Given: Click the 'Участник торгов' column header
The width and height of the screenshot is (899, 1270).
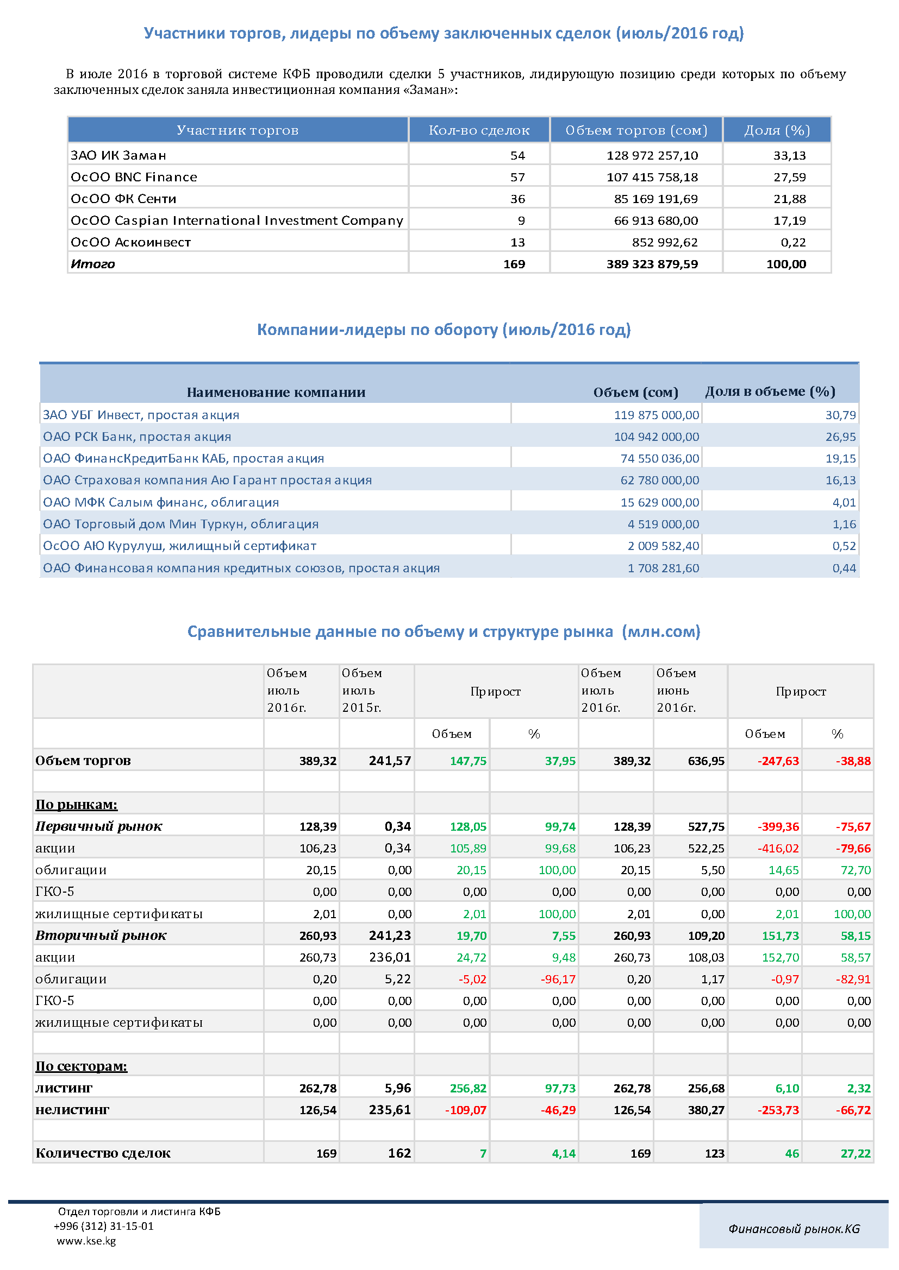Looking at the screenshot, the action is [238, 130].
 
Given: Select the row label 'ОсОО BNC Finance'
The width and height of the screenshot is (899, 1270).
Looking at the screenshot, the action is [133, 177].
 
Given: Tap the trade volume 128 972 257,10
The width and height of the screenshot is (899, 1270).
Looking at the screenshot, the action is [652, 155].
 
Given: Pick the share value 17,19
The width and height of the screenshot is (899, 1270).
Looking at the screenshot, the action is [789, 220].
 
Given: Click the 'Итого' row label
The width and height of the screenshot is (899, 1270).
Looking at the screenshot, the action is [92, 264].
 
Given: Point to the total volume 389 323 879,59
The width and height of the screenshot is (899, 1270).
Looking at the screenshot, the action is [652, 264].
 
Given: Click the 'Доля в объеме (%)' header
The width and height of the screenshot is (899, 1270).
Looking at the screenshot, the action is [770, 391].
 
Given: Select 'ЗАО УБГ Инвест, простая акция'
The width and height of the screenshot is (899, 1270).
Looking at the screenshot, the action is [141, 415].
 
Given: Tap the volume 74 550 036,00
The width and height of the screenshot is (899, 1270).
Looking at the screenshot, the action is [660, 459].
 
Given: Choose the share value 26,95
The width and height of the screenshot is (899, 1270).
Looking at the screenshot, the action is [840, 437].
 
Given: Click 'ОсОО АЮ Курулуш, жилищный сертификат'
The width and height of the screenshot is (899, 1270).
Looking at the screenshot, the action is [179, 546].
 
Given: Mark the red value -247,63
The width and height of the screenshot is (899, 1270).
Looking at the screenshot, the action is [778, 761].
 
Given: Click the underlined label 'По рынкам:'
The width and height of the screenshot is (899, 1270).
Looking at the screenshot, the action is [77, 804].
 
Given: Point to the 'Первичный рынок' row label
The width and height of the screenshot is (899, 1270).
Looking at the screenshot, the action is [98, 826].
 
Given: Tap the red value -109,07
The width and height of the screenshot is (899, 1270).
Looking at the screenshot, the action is [466, 1110].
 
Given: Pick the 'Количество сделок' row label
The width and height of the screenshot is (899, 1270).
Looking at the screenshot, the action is [103, 1153].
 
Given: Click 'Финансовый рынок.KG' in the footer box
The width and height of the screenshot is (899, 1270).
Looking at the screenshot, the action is [794, 1229].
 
